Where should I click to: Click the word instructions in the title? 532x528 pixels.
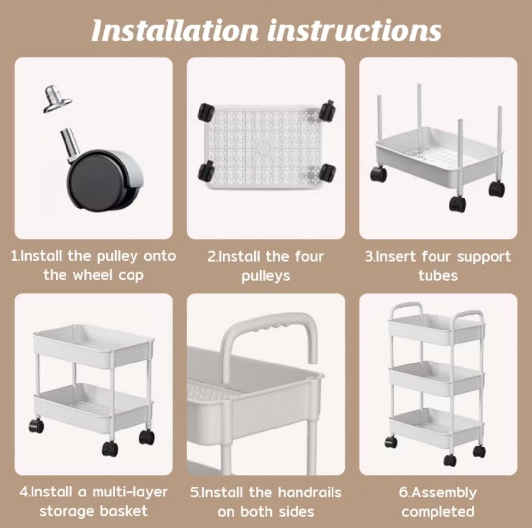(354, 31)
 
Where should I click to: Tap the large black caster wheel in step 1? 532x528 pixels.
(99, 180)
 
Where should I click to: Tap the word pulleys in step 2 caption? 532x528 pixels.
(266, 276)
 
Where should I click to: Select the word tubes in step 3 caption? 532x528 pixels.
(438, 276)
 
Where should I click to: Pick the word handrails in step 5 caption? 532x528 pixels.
(309, 492)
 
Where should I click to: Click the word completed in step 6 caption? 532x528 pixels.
(438, 511)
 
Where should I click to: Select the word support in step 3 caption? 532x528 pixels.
(476, 257)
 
